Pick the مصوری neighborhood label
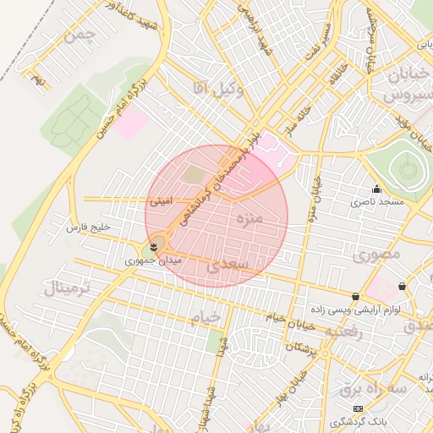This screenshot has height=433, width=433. pyautogui.click(x=377, y=254)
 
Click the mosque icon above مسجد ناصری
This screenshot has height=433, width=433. pyautogui.click(x=376, y=189)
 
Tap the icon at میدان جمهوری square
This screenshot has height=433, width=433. pyautogui.click(x=152, y=247)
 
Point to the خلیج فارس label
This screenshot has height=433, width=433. pyautogui.click(x=89, y=227)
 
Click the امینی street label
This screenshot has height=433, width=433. pyautogui.click(x=161, y=202)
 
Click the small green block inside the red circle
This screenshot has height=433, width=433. pyautogui.click(x=194, y=175)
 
